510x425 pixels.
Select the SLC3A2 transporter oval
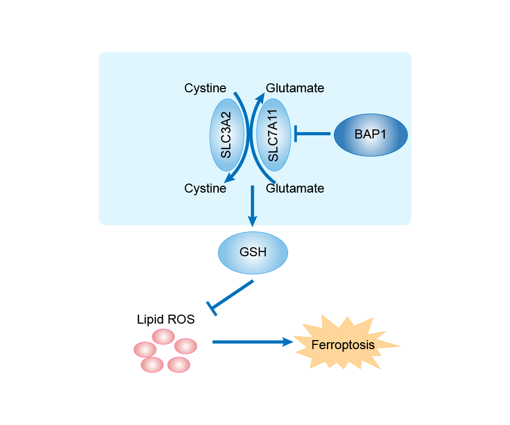[227, 135]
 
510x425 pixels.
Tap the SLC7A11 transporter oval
[273, 135]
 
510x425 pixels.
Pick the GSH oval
[253, 252]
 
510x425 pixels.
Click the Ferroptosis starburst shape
[343, 344]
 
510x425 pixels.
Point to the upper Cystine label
[205, 88]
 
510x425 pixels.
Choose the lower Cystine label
[205, 188]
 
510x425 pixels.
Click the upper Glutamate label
[295, 88]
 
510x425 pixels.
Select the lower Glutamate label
[295, 188]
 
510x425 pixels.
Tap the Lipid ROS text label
[166, 319]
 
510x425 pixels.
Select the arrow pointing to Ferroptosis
[252, 342]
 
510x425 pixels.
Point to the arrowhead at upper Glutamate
[261, 96]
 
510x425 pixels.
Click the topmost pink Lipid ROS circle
[163, 336]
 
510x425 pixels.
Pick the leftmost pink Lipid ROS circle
[145, 350]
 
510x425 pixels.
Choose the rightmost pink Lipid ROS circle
[186, 346]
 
